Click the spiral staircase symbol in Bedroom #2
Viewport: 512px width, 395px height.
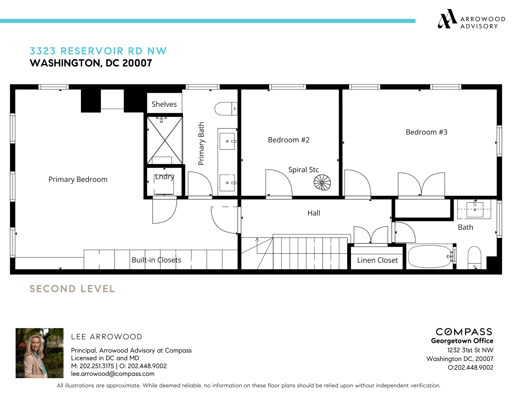pyautogui.click(x=322, y=182)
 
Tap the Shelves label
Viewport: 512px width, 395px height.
pyautogui.click(x=164, y=104)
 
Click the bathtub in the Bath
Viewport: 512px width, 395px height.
pyautogui.click(x=430, y=256)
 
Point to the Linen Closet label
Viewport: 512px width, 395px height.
pyautogui.click(x=377, y=260)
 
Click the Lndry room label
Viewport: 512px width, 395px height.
pyautogui.click(x=164, y=177)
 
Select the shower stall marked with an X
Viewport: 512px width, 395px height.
pyautogui.click(x=165, y=140)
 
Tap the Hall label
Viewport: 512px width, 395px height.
pyautogui.click(x=314, y=213)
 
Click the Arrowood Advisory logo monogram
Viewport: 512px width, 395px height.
pyautogui.click(x=447, y=19)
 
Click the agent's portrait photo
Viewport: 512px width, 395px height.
pyautogui.click(x=39, y=353)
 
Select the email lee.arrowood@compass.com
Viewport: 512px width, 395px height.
pyautogui.click(x=113, y=374)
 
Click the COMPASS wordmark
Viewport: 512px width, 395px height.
pyautogui.click(x=464, y=332)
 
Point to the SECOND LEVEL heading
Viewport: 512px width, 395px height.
pyautogui.click(x=72, y=289)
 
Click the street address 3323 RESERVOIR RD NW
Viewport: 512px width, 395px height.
pyautogui.click(x=98, y=51)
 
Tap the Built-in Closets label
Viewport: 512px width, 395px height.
pyautogui.click(x=156, y=260)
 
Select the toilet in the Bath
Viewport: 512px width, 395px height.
pyautogui.click(x=474, y=257)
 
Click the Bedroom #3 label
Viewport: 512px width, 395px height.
pyautogui.click(x=426, y=132)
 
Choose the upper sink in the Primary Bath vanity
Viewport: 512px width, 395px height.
pyautogui.click(x=227, y=141)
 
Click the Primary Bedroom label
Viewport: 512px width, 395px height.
pyautogui.click(x=78, y=179)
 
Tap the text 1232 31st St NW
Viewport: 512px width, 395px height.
pyautogui.click(x=470, y=350)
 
